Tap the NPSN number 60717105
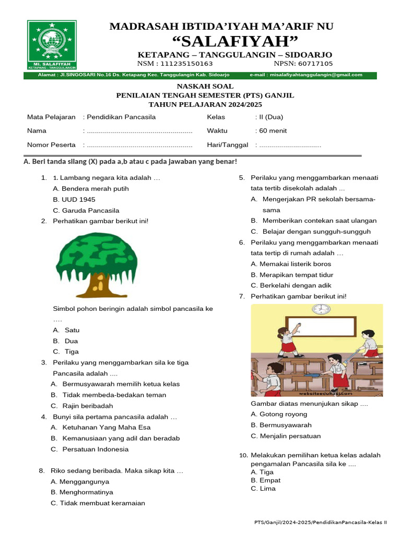pyautogui.click(x=315, y=64)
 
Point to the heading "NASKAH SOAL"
pyautogui.click(x=205, y=86)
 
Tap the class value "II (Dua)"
pyautogui.click(x=270, y=117)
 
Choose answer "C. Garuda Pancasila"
pyautogui.click(x=86, y=211)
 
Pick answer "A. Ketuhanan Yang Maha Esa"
pyautogui.click(x=101, y=428)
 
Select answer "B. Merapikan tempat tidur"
pyautogui.click(x=292, y=275)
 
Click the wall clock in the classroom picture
pyautogui.click(x=321, y=310)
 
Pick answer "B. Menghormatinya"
pyautogui.click(x=82, y=492)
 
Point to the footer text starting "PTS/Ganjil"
pyautogui.click(x=320, y=522)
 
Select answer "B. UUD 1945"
pyautogui.click(x=74, y=200)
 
